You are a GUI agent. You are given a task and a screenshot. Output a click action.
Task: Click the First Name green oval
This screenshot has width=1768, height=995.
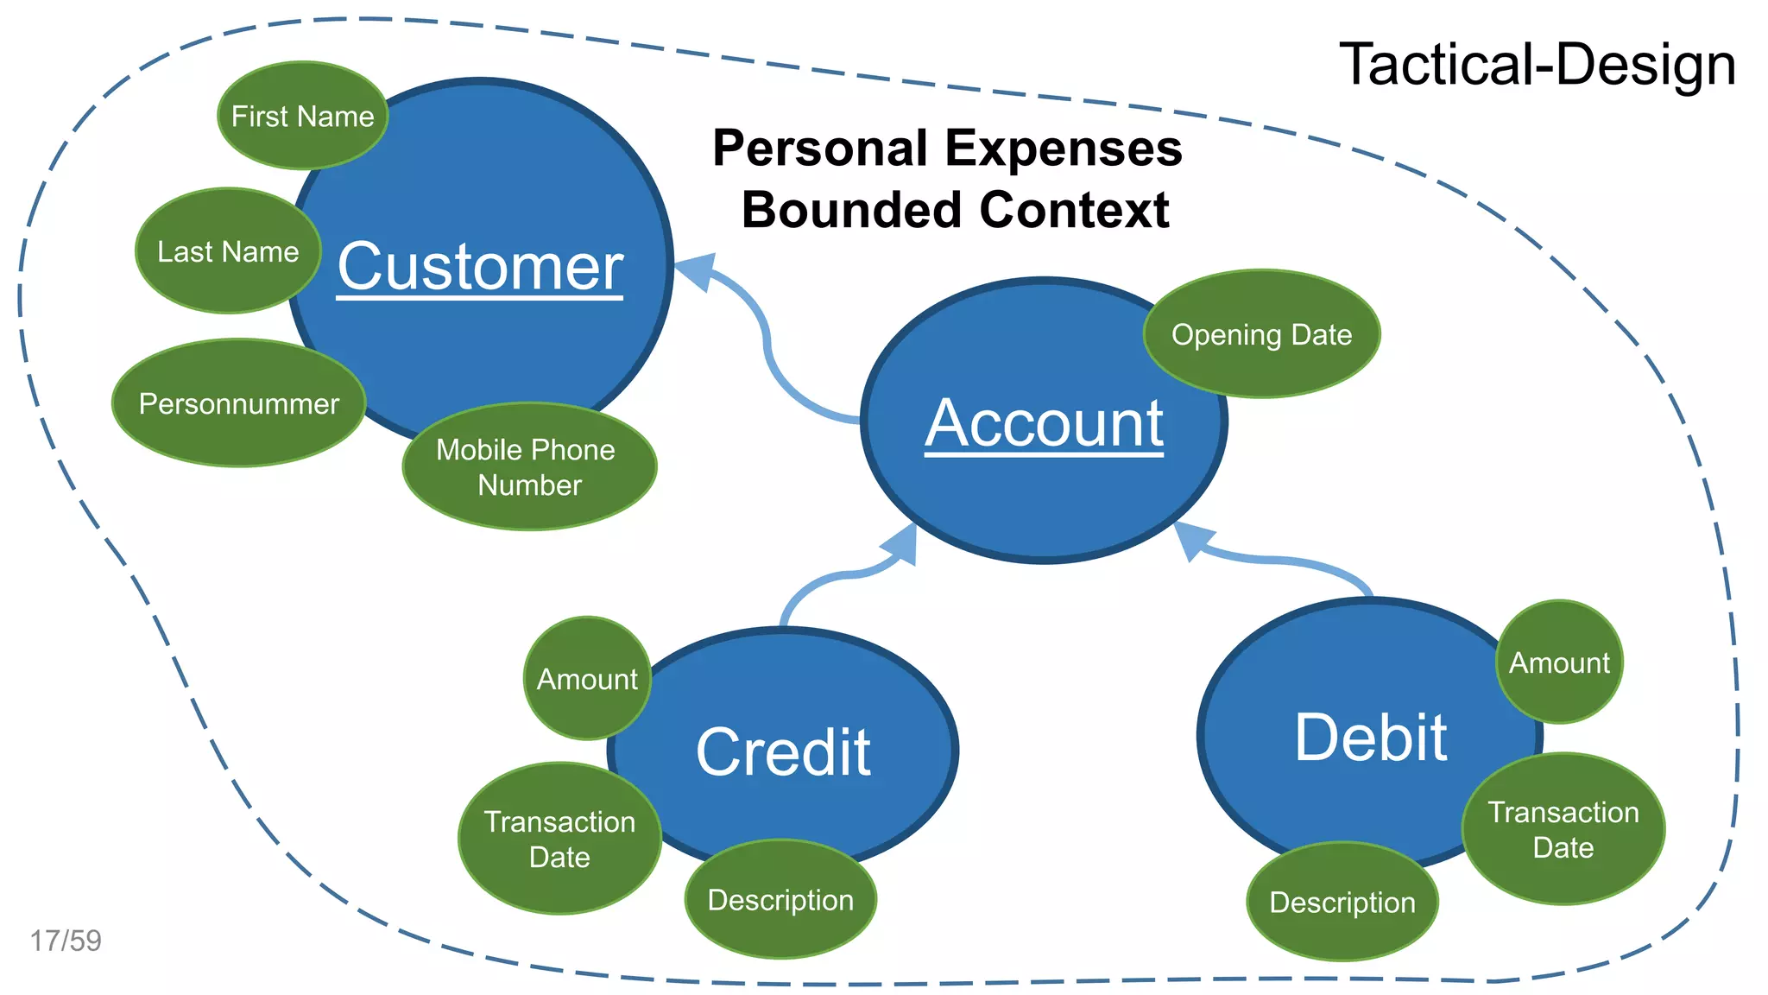tap(302, 116)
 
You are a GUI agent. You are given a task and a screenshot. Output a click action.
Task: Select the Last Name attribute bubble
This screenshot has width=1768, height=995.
tap(228, 251)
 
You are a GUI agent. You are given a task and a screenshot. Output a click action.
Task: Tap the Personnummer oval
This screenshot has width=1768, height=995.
tap(239, 403)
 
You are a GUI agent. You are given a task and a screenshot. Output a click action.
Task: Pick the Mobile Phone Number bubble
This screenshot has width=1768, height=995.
tap(529, 467)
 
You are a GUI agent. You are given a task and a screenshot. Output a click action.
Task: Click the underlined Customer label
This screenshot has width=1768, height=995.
tap(480, 267)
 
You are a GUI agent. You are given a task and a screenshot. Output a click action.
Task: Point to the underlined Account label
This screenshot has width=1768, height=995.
tap(1045, 423)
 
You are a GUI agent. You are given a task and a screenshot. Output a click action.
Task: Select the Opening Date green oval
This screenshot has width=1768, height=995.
tap(1261, 334)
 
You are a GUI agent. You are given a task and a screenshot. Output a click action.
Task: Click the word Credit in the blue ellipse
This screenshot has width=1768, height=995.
tap(783, 751)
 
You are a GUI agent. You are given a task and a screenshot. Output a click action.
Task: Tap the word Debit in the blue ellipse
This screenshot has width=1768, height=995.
tap(1370, 738)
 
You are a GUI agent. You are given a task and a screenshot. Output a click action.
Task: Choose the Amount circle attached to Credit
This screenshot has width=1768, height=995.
tap(587, 679)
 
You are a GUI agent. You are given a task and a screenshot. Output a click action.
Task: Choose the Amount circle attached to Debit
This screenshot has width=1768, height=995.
tap(1559, 662)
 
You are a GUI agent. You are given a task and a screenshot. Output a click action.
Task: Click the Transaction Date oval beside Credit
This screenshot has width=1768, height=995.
tap(559, 839)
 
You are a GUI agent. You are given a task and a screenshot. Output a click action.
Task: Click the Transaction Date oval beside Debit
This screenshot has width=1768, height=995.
tap(1563, 829)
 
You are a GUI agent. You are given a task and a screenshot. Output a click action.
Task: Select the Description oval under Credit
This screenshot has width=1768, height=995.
tap(780, 900)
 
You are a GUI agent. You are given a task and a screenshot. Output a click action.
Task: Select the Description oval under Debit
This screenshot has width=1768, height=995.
tap(1342, 903)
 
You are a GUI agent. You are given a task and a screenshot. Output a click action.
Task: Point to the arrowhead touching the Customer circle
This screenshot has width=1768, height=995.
tap(698, 270)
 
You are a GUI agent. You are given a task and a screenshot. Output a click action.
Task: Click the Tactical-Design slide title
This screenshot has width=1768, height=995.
tap(1537, 65)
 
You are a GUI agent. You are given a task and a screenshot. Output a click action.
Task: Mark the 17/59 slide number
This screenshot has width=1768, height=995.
tap(66, 941)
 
